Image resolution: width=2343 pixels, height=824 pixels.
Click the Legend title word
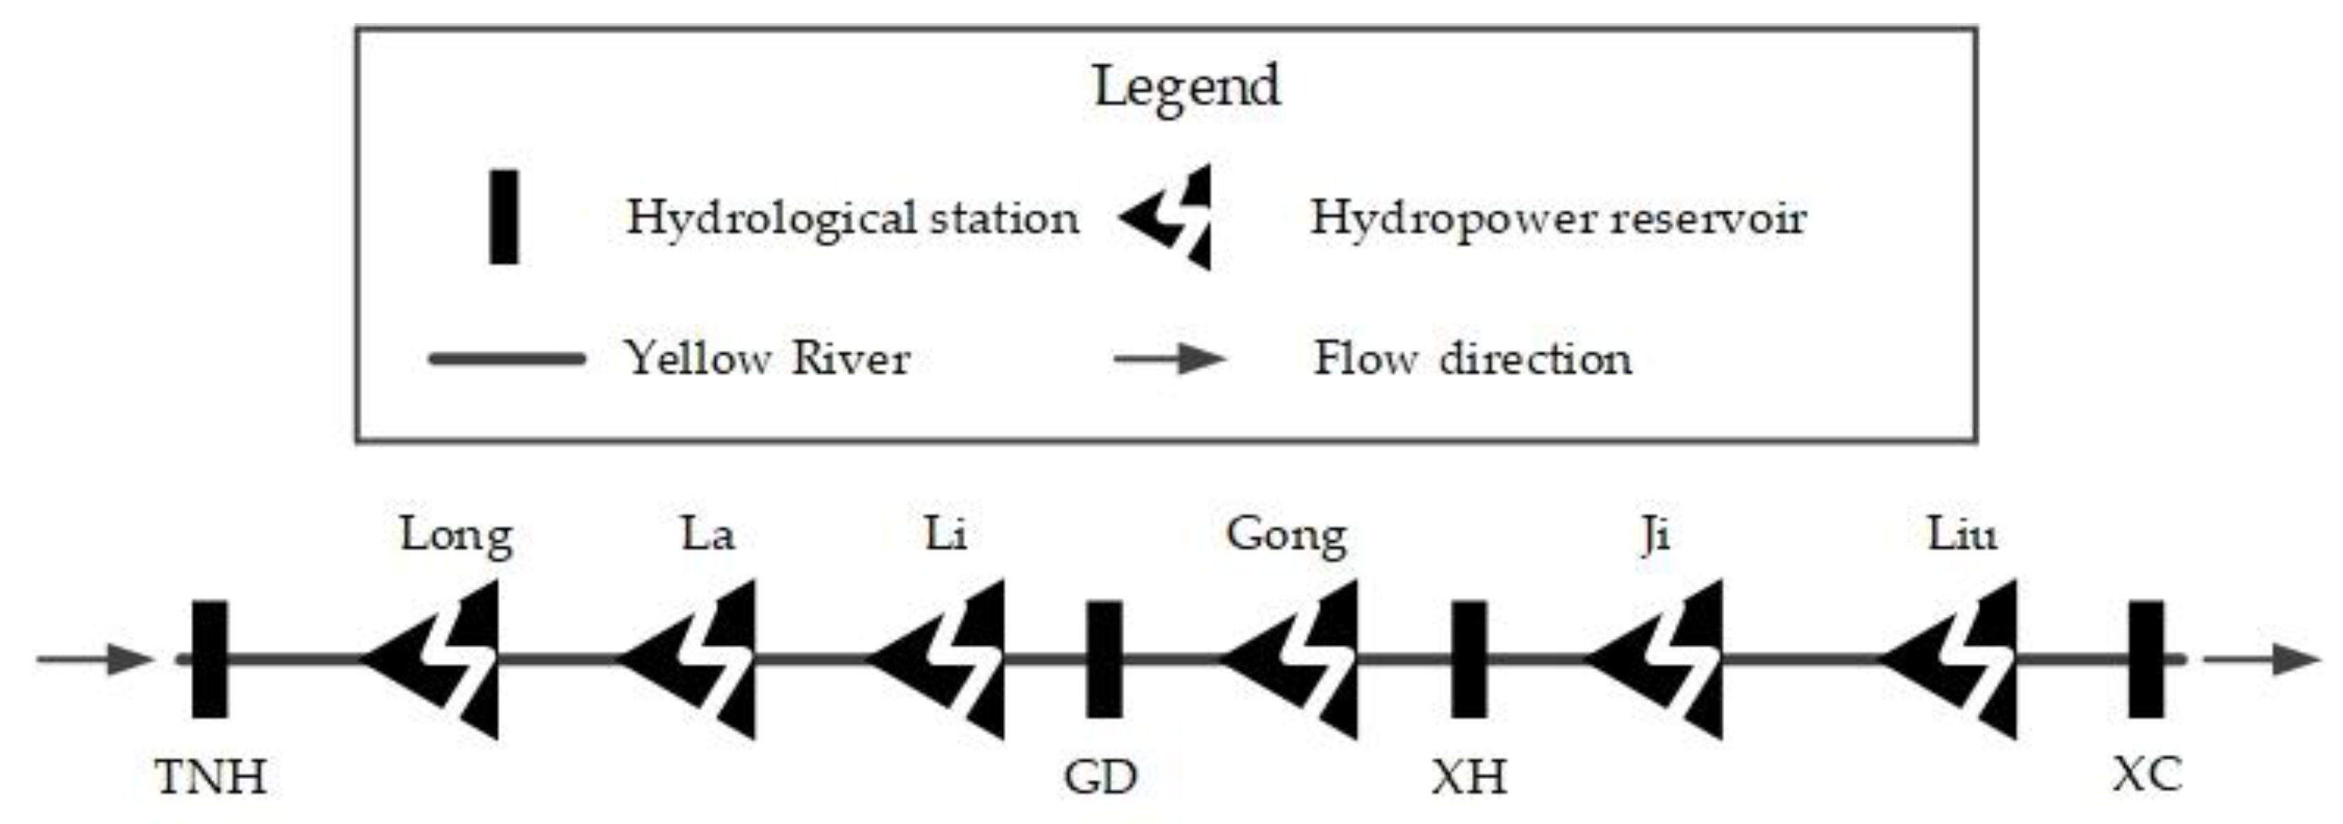[1186, 86]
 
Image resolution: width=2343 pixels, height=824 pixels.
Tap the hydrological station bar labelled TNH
[210, 659]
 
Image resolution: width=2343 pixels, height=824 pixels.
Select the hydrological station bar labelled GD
[1104, 659]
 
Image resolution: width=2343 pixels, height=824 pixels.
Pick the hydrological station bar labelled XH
[1468, 659]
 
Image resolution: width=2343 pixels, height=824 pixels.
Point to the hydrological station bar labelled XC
[2146, 659]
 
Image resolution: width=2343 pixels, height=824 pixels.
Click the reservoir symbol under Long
[437, 659]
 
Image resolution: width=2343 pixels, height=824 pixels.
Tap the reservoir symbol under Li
[942, 659]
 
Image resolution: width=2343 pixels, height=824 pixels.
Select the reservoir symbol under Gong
[1295, 659]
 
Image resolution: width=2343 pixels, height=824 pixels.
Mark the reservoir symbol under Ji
[1660, 659]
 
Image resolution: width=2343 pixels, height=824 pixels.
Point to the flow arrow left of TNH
[95, 659]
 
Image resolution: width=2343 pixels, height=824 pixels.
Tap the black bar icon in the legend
[504, 216]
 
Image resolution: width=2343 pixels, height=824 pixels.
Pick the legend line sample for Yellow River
[507, 359]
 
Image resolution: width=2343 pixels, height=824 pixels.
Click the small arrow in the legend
[1169, 359]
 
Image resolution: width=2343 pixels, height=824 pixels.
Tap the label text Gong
[1286, 535]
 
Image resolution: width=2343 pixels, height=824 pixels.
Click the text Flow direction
[1472, 359]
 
